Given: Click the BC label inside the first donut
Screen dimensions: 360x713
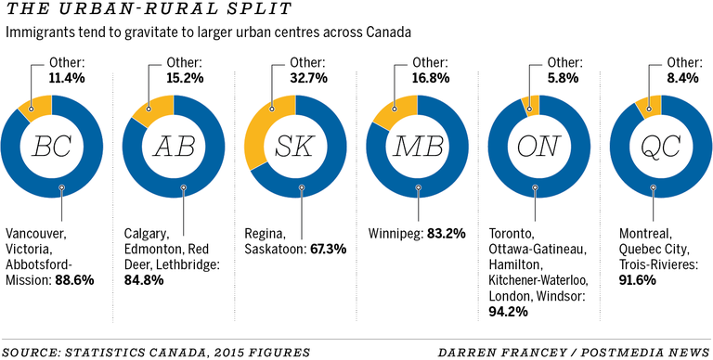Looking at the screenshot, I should pos(52,147).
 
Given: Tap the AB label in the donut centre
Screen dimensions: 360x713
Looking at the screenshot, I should pos(174,147).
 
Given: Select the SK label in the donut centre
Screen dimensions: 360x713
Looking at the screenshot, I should pos(296,147).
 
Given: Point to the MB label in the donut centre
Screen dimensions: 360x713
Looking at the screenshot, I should pos(418,147).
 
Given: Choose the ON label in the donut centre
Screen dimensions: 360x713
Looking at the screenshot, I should pos(539,147).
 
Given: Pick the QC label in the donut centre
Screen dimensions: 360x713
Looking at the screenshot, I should pos(661,147).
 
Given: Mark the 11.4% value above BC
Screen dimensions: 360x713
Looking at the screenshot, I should pos(66,79).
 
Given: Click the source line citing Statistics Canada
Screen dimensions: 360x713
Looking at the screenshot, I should pos(121,350).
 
